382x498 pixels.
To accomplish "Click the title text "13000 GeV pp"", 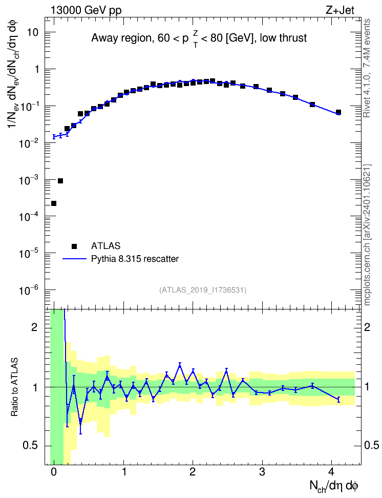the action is point(86,10).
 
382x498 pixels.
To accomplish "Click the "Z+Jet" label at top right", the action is point(340,10).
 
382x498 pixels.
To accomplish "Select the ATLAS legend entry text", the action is point(105,246).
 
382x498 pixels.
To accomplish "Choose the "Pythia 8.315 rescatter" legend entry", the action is point(135,259).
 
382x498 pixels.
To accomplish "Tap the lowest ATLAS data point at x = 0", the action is point(54,203).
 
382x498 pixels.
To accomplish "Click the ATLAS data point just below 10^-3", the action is point(60,181).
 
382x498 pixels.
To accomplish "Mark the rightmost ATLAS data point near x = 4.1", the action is point(338,112).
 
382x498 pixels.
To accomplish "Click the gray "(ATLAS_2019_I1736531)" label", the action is point(203,289).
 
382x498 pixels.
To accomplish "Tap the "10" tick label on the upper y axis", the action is point(32,32).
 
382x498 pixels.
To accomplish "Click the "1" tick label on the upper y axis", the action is point(36,69).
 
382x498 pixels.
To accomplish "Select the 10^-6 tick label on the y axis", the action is point(28,291).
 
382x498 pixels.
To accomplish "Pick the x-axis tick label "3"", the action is point(262,472).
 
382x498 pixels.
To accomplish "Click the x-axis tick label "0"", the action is point(54,472).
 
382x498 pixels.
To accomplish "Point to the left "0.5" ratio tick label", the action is point(31,446).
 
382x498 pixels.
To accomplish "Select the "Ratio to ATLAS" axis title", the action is point(14,387).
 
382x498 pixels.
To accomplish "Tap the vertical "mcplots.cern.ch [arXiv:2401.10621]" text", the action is point(367,235).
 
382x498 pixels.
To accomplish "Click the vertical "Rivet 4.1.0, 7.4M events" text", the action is point(367,68).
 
